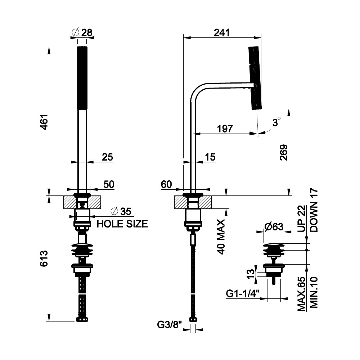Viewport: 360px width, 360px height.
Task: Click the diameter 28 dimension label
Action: point(82,32)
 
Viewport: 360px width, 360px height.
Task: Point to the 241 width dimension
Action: point(221,32)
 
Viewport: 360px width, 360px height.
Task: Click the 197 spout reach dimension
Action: point(225,129)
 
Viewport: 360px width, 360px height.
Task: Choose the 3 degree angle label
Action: point(276,123)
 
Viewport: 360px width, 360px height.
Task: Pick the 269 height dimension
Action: point(284,152)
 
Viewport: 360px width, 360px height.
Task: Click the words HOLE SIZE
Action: point(123,224)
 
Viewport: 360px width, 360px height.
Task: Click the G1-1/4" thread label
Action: point(243,294)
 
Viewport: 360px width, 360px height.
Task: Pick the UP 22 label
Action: point(302,218)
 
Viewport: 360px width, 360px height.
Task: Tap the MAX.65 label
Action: point(302,294)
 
